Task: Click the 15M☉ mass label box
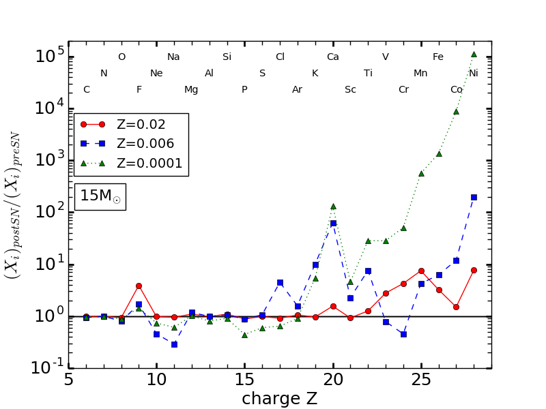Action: (100, 196)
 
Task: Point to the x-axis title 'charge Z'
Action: (279, 399)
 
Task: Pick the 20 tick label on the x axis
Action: (332, 380)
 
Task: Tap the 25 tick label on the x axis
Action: (420, 380)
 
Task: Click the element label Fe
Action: (438, 57)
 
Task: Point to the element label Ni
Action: (474, 74)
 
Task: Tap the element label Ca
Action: (332, 57)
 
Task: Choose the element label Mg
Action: (191, 90)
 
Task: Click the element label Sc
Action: (350, 90)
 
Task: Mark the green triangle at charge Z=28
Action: (474, 54)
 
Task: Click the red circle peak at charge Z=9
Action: (139, 286)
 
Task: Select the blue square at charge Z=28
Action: (474, 197)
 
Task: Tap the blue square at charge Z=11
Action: (174, 344)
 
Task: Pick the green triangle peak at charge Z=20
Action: (333, 206)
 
